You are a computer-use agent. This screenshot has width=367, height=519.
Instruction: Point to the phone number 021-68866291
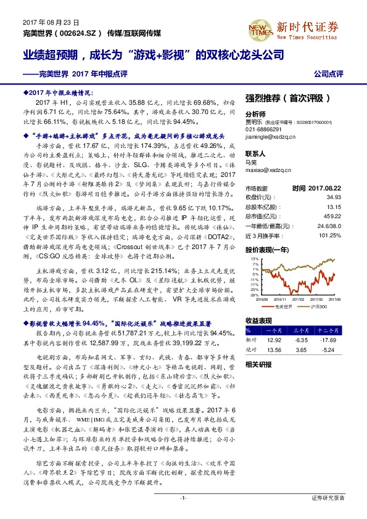(263, 130)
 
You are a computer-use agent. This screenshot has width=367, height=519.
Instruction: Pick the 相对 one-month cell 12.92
(273, 340)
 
